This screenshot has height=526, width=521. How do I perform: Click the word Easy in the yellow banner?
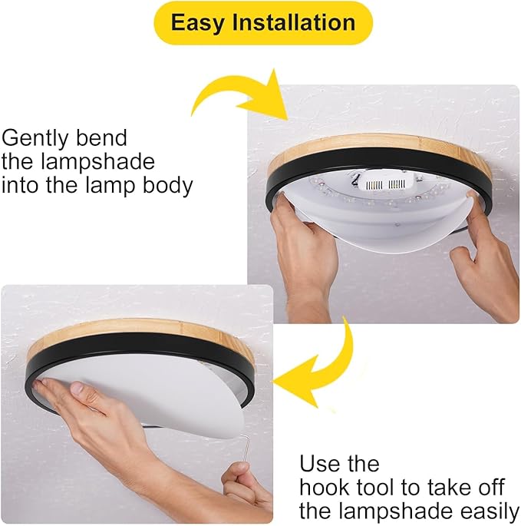197,23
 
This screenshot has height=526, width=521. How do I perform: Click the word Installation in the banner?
293,22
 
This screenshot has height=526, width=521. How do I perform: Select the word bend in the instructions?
101,137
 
